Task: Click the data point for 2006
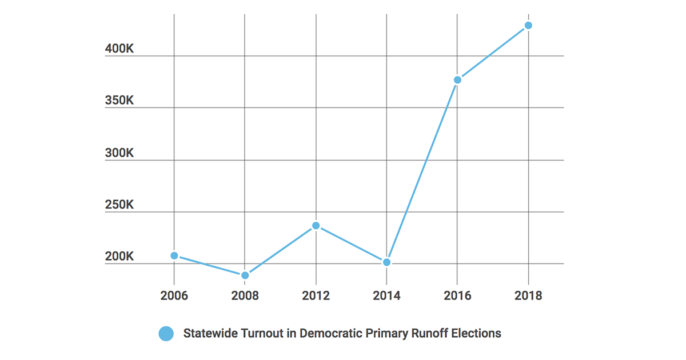pyautogui.click(x=174, y=255)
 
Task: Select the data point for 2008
pyautogui.click(x=245, y=275)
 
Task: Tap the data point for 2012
pyautogui.click(x=316, y=226)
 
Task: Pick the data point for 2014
pyautogui.click(x=386, y=262)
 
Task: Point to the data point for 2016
pyautogui.click(x=457, y=80)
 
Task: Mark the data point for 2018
pyautogui.click(x=528, y=25)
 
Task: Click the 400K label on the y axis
pyautogui.click(x=119, y=49)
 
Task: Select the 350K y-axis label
pyautogui.click(x=119, y=101)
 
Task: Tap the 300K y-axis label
pyautogui.click(x=119, y=153)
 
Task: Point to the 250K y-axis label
pyautogui.click(x=119, y=205)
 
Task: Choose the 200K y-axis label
pyautogui.click(x=119, y=257)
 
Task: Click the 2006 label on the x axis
pyautogui.click(x=174, y=295)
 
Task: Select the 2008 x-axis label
pyautogui.click(x=245, y=295)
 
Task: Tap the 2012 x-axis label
pyautogui.click(x=316, y=295)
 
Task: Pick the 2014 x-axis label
pyautogui.click(x=386, y=295)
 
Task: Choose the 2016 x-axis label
pyautogui.click(x=457, y=295)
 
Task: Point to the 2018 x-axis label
pyautogui.click(x=528, y=295)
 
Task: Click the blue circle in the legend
pyautogui.click(x=166, y=334)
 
